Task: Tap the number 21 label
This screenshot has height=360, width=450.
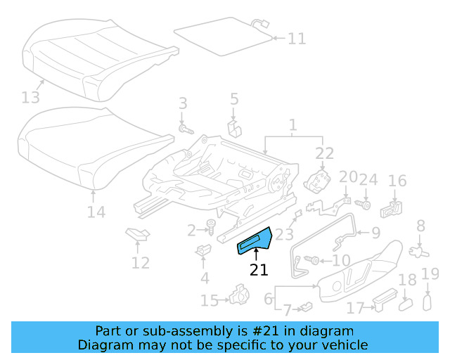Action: [259, 270]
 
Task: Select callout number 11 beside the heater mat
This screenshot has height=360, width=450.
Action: [297, 38]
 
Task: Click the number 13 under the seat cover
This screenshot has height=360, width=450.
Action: [32, 96]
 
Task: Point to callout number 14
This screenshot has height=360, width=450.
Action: [96, 212]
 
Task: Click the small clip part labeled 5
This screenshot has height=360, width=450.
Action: [234, 127]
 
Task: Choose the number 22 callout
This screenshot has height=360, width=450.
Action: [324, 154]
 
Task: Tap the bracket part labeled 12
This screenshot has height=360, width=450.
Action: [136, 235]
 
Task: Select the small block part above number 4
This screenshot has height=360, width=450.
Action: [204, 250]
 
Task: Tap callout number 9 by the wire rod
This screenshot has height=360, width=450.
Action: [375, 233]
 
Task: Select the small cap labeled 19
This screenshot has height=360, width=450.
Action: [426, 302]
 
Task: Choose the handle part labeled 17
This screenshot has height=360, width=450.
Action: [379, 301]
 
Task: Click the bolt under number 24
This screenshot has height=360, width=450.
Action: [365, 205]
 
